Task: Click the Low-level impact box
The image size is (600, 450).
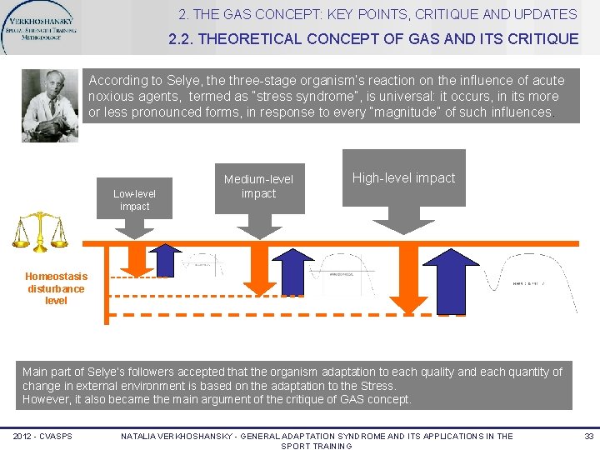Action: click(134, 199)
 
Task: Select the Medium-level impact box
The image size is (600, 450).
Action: click(258, 186)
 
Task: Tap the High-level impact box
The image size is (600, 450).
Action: click(403, 178)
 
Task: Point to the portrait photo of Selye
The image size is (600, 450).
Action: click(50, 105)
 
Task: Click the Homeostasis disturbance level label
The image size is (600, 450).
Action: click(56, 288)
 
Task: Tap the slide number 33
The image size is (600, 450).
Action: click(589, 437)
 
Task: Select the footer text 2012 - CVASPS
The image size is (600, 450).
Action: click(42, 437)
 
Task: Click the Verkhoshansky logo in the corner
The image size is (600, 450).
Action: click(42, 29)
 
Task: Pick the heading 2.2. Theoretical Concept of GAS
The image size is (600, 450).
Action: click(373, 38)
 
